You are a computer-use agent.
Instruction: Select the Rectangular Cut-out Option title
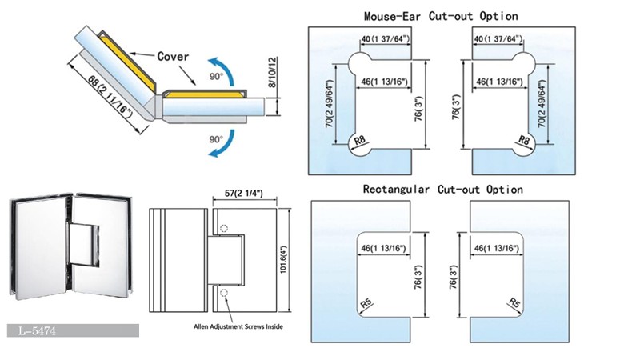pyautogui.click(x=442, y=190)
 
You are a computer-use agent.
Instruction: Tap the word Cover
pyautogui.click(x=173, y=57)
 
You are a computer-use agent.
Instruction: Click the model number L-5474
pyautogui.click(x=39, y=330)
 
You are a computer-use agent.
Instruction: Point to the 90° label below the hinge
pyautogui.click(x=215, y=139)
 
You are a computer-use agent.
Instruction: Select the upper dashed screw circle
pyautogui.click(x=224, y=227)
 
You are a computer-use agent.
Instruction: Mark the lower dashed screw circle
pyautogui.click(x=224, y=291)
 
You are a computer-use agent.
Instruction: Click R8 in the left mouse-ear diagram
pyautogui.click(x=361, y=144)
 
